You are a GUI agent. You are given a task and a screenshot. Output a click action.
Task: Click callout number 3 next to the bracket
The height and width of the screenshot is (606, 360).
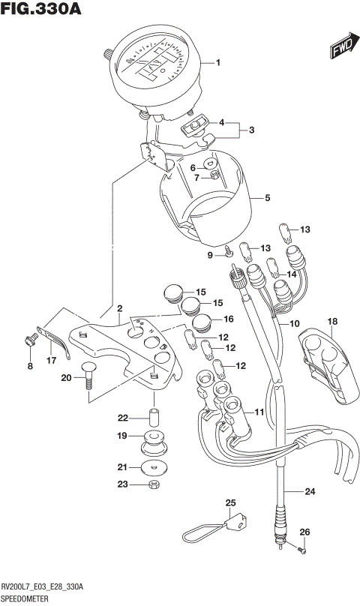[252, 130]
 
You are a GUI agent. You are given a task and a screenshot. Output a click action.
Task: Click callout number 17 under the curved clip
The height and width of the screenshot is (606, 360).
[50, 360]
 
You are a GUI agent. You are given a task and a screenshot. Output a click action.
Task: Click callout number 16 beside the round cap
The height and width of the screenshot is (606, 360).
[228, 319]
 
